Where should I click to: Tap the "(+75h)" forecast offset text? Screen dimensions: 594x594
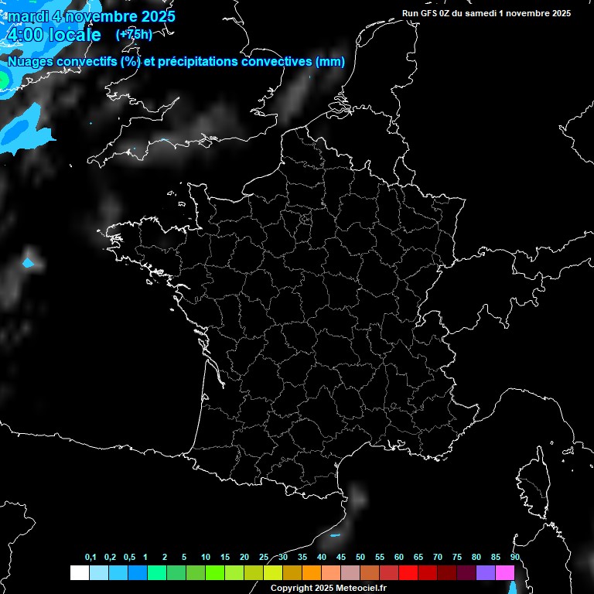[134, 34]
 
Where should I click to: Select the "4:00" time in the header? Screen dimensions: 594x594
[24, 36]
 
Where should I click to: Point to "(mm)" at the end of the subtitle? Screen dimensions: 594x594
[330, 62]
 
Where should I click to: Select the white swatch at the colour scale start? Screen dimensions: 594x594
[79, 572]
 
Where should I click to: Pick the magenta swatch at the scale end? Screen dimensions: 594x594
[505, 572]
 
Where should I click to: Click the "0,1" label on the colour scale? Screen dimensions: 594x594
[90, 558]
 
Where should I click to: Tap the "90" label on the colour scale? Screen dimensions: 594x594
[515, 558]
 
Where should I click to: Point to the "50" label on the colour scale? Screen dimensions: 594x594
[360, 558]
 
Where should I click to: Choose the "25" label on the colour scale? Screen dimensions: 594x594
[264, 558]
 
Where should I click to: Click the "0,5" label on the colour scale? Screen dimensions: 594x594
[129, 558]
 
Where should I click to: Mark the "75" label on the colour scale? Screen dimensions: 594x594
[457, 558]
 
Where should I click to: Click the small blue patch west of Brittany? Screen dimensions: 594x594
[29, 264]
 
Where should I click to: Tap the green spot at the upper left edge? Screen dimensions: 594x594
[3, 79]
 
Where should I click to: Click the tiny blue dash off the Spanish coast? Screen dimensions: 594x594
[336, 535]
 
